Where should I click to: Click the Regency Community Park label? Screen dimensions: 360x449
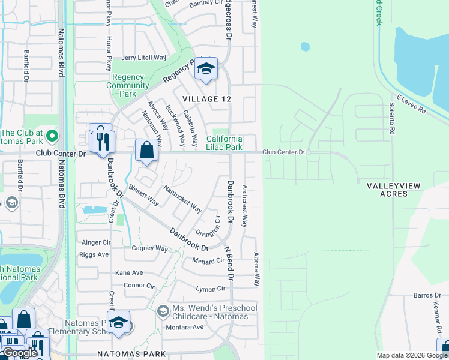pos(127,85)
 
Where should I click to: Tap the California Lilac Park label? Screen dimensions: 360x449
pos(224,143)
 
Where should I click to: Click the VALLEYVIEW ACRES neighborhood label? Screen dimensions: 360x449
pos(393,190)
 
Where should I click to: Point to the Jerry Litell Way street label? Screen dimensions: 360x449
pos(143,58)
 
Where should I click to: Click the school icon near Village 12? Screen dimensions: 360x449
pos(205,70)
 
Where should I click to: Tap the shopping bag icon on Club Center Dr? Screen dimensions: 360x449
pos(146,150)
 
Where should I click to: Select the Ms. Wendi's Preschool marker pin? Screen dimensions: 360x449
pos(163,311)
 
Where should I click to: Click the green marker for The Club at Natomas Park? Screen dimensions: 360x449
pos(52,136)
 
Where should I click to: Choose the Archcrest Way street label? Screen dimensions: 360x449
pos(244,206)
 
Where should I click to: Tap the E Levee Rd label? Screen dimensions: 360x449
pos(411,103)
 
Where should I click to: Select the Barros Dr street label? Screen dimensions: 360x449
pos(427,295)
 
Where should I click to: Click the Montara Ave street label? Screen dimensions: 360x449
pos(185,327)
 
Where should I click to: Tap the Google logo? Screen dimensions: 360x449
pos(20,353)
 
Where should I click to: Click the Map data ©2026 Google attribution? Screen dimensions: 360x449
pos(411,355)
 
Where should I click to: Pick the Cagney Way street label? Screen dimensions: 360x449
pos(149,248)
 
